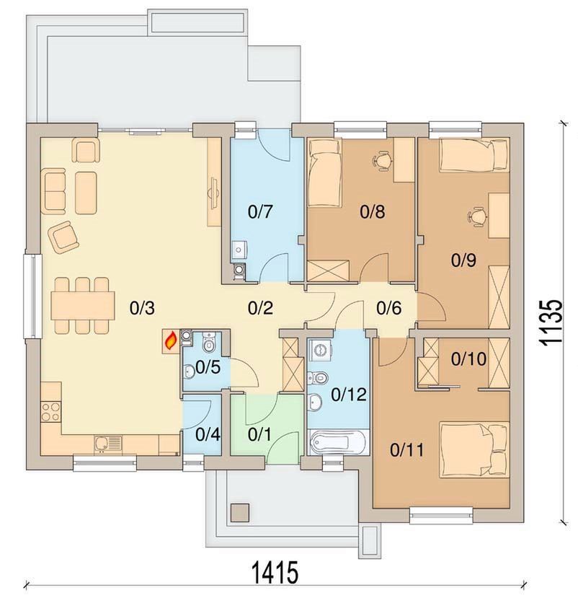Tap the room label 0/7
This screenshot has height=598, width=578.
261,211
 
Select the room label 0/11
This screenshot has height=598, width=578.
407,450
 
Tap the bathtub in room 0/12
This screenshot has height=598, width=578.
338,442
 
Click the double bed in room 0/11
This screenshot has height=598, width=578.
474,449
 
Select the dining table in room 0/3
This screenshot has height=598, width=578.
83,305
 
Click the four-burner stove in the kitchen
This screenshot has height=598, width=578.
50,411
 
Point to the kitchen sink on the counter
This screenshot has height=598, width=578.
108,444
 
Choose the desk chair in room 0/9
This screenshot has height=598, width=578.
477,216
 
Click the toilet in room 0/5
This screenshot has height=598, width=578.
208,342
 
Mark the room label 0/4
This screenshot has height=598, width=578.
208,434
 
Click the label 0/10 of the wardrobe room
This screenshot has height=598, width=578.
468,359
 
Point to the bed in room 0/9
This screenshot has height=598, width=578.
474,155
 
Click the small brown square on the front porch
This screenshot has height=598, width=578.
240,513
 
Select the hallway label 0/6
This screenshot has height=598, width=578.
389,308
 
